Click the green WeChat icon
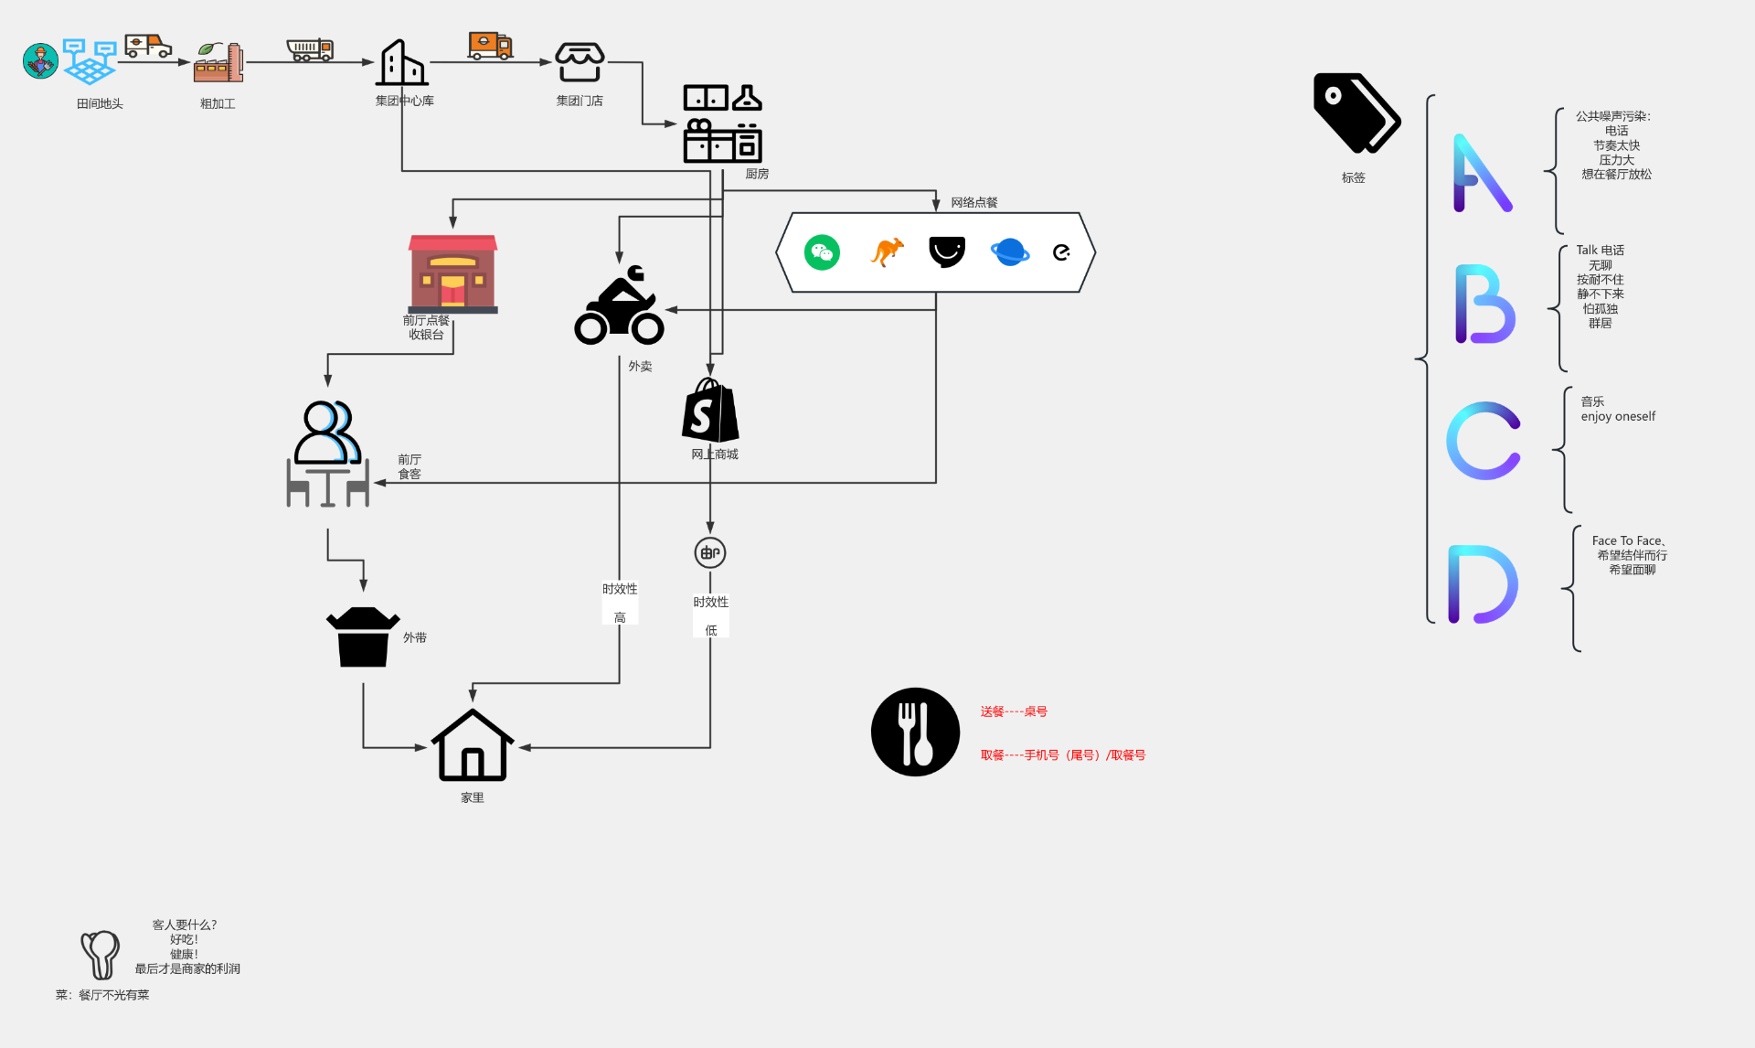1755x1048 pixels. [x=822, y=252]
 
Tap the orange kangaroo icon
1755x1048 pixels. [x=887, y=251]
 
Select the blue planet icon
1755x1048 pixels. [x=1009, y=251]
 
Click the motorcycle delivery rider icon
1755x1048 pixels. [x=619, y=306]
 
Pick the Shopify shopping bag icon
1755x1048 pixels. [x=710, y=411]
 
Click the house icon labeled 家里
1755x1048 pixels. [x=472, y=746]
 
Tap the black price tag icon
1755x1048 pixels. [x=1356, y=113]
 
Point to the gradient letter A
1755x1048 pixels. [x=1481, y=174]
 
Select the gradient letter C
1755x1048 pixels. [x=1483, y=441]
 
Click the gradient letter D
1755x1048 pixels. [x=1482, y=584]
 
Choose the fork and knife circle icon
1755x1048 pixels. [x=915, y=732]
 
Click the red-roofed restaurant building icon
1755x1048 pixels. [x=452, y=273]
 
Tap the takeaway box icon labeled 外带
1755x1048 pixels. [x=363, y=636]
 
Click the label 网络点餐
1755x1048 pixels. [x=973, y=202]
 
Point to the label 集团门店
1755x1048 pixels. [x=580, y=101]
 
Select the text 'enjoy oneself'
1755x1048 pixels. [x=1618, y=417]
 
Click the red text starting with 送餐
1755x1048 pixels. [x=1014, y=711]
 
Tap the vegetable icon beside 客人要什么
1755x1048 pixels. [x=101, y=954]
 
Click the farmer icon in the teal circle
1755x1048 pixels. [x=40, y=61]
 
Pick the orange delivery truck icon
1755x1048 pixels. [x=490, y=45]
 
